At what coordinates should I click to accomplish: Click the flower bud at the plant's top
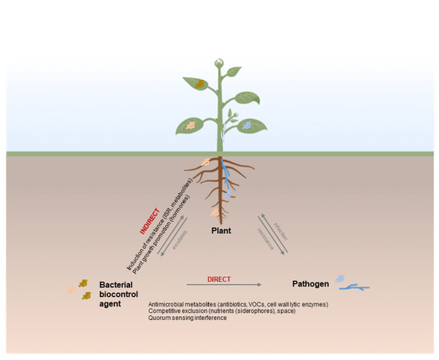pyautogui.click(x=219, y=62)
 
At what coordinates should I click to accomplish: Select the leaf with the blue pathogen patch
pyautogui.click(x=248, y=125)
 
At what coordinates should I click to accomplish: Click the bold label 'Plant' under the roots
pyautogui.click(x=222, y=230)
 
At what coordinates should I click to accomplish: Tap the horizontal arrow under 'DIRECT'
pyautogui.click(x=224, y=285)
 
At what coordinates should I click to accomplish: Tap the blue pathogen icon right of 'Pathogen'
pyautogui.click(x=351, y=283)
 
